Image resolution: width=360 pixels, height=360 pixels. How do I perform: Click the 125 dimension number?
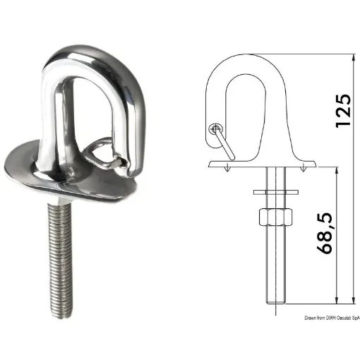pos(342,109)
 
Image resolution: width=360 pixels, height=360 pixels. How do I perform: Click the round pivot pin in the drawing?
pos(215,128)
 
